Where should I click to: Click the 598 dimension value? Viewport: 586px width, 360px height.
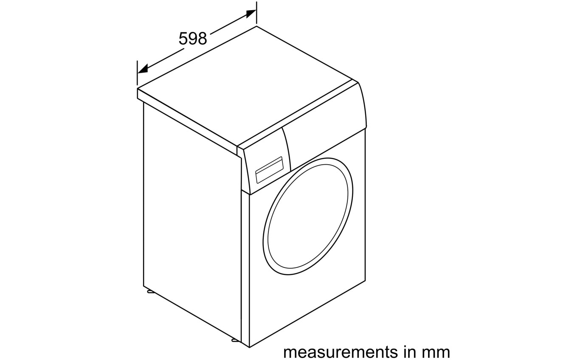[x=192, y=39]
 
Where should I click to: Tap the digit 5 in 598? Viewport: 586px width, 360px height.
[x=183, y=39]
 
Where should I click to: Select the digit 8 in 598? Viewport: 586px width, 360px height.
[x=202, y=39]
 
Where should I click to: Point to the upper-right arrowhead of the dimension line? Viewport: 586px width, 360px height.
[x=251, y=13]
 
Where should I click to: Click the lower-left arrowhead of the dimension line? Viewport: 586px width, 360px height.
[x=143, y=68]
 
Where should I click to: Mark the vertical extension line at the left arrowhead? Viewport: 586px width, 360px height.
[x=137, y=73]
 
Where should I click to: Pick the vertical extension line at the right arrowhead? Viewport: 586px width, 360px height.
[x=256, y=13]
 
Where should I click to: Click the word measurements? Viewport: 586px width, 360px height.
[x=341, y=352]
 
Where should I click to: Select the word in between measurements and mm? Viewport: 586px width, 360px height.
[x=409, y=352]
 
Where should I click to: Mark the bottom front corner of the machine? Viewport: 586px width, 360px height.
[x=249, y=347]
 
